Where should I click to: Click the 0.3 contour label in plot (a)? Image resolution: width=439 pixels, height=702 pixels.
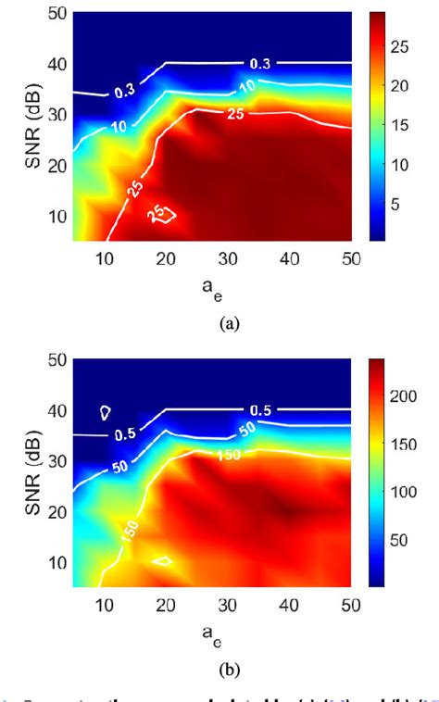coord(262,63)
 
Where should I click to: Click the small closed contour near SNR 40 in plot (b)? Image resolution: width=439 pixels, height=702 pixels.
coord(106,410)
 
